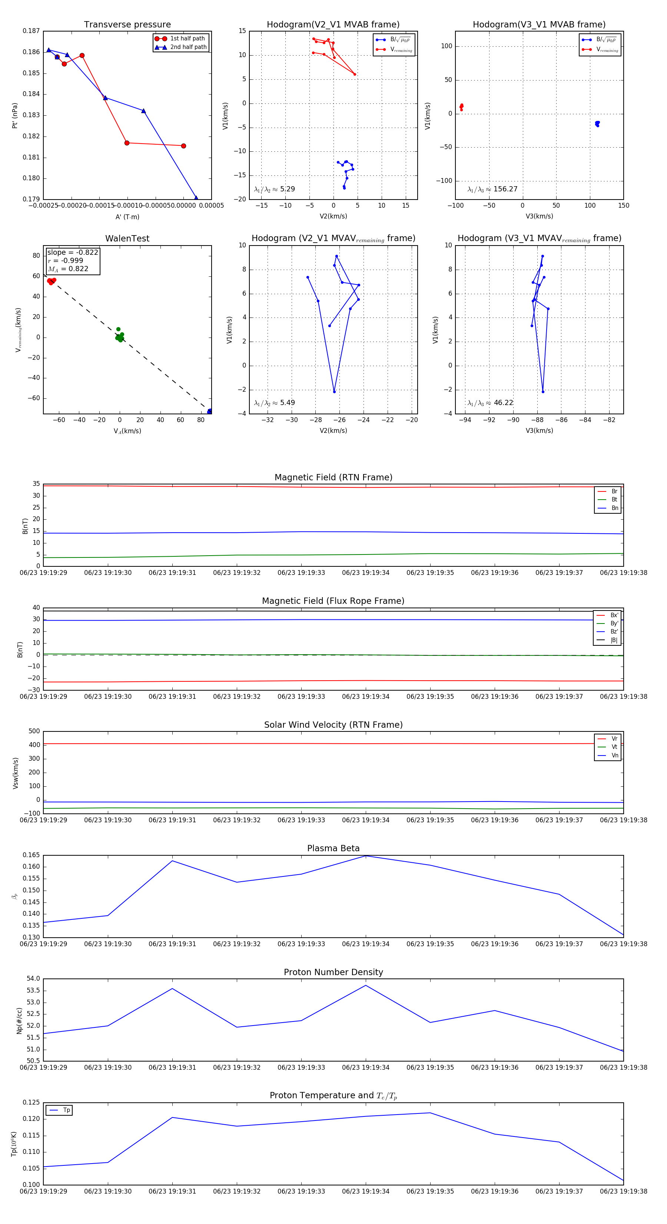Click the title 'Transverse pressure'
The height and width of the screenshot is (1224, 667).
click(x=127, y=25)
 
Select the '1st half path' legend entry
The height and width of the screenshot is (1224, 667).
click(x=187, y=39)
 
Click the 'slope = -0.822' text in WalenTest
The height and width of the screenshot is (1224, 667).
click(x=73, y=252)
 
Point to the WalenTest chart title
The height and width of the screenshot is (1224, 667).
click(x=127, y=238)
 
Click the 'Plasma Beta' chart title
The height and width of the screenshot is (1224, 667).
click(x=333, y=848)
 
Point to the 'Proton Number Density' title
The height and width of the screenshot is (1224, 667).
click(x=333, y=972)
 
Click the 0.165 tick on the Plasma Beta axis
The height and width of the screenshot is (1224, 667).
click(x=31, y=855)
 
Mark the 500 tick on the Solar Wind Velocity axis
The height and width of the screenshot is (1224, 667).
click(x=34, y=731)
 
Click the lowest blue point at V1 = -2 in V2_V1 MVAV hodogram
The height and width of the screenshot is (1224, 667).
click(x=334, y=392)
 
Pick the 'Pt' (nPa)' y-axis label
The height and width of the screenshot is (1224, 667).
click(x=15, y=115)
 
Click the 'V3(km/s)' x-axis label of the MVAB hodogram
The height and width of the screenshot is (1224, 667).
click(x=539, y=216)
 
